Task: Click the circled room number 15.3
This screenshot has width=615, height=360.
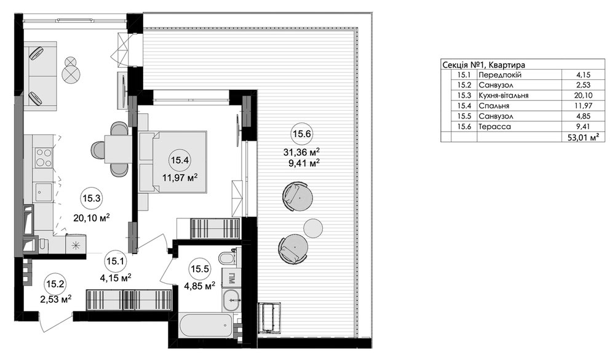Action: click(x=92, y=199)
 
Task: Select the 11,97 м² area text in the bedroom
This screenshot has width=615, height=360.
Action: click(x=180, y=178)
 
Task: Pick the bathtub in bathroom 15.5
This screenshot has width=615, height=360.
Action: click(x=205, y=325)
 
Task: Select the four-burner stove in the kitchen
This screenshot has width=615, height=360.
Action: click(x=42, y=157)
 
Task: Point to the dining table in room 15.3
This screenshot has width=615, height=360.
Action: click(x=117, y=149)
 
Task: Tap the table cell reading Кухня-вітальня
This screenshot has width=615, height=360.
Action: click(x=503, y=95)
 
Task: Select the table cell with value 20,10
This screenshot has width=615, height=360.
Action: click(x=582, y=95)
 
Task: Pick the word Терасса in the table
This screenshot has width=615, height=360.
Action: click(x=494, y=126)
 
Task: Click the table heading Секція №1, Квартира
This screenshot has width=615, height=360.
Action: click(x=483, y=65)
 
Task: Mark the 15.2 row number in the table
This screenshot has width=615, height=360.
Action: click(x=464, y=85)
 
